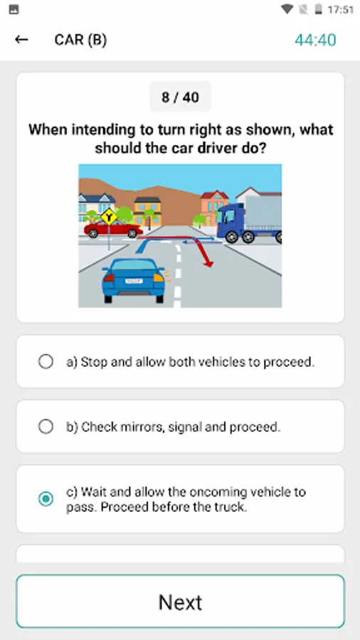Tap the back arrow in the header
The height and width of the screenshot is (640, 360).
point(21,40)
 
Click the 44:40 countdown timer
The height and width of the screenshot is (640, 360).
point(315,40)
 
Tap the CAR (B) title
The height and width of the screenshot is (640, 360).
point(80,40)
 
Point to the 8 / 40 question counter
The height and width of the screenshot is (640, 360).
point(181,97)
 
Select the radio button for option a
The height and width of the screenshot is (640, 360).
point(46,361)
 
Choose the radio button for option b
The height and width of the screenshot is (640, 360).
point(46,427)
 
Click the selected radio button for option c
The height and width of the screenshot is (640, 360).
point(46,498)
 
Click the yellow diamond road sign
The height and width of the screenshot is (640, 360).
point(109,216)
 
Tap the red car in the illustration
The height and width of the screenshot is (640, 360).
point(113,228)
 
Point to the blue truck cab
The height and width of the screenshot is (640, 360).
point(231,220)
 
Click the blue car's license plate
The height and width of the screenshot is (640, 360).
point(134,281)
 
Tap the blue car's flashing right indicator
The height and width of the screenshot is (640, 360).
point(159,278)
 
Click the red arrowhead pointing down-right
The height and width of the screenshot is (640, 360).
point(208,263)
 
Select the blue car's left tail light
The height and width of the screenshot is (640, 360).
point(109,278)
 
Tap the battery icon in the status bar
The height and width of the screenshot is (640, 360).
point(318,9)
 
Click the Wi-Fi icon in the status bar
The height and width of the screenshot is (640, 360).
point(287,9)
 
